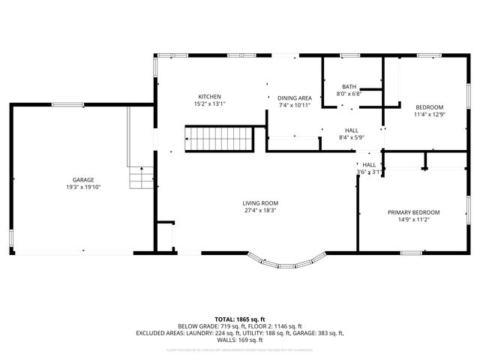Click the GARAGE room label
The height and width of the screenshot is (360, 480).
point(83,180)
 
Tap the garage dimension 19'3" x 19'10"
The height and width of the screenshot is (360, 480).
point(83,187)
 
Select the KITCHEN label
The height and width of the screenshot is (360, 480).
point(209,97)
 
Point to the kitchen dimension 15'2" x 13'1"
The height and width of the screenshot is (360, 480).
point(209,104)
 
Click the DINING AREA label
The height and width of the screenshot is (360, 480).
point(295,98)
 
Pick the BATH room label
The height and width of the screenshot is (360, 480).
point(349,86)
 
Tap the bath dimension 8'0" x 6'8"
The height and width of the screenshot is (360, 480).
point(349,94)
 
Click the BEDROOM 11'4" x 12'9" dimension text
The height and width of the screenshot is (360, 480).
point(429,115)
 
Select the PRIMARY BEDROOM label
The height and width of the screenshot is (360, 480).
point(414,212)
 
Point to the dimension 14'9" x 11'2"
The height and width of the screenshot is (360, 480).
point(414,220)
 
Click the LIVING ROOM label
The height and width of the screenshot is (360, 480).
point(260,203)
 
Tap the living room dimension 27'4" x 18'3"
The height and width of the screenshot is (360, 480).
point(260,211)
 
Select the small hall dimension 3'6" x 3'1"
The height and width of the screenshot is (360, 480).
point(370,172)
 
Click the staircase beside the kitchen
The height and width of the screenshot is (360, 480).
point(218,138)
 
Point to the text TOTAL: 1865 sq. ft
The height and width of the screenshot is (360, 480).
point(239,319)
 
